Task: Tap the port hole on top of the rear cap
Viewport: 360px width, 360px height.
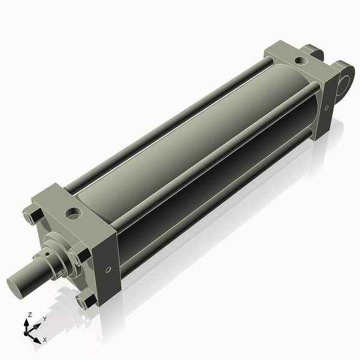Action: (299, 60)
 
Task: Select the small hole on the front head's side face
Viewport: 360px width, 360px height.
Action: (108, 269)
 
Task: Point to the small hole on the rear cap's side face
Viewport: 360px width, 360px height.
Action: (326, 108)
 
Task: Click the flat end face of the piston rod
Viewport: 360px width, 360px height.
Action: (16, 284)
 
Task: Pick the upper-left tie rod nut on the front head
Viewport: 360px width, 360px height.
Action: (31, 215)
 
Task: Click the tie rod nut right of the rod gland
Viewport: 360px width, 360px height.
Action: (79, 257)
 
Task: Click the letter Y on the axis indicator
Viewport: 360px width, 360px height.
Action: (44, 319)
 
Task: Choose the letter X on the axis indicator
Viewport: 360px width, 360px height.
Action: (45, 340)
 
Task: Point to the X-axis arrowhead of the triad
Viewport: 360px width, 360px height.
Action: (37, 337)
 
